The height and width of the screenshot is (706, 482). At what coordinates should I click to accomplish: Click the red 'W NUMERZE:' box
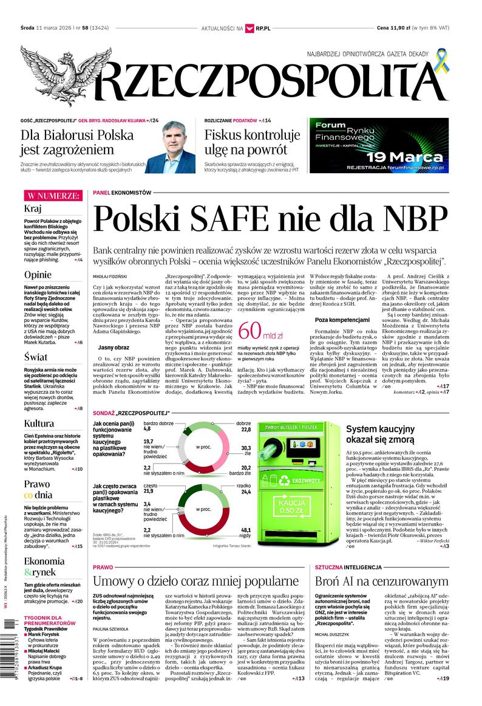[x=52, y=196]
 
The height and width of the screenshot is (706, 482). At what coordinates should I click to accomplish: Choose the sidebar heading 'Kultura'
[x=39, y=423]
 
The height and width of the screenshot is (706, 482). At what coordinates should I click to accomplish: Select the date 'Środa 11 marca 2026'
[x=48, y=28]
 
